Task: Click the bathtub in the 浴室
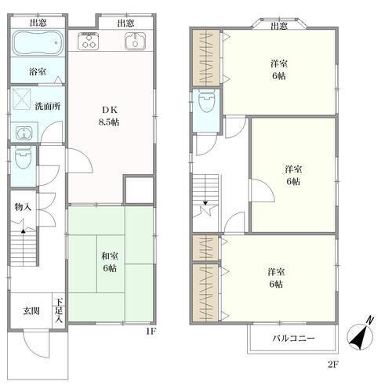click(38, 42)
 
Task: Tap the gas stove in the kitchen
click(89, 41)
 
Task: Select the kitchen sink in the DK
click(135, 41)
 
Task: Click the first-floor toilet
click(24, 158)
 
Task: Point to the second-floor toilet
click(206, 101)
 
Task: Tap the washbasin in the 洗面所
click(24, 133)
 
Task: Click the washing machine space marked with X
click(22, 99)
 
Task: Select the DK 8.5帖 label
click(109, 116)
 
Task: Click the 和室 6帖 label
click(110, 262)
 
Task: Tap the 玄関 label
click(31, 311)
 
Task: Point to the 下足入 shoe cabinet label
click(59, 311)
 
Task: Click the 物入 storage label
click(23, 207)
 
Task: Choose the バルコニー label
click(293, 339)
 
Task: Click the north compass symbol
click(361, 335)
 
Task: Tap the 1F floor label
click(151, 332)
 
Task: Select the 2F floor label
click(333, 364)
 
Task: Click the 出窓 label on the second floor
click(279, 26)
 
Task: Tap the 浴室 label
click(38, 71)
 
